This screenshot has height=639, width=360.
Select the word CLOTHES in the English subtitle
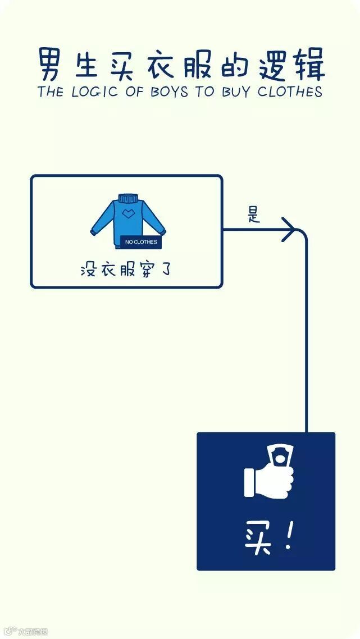(290, 92)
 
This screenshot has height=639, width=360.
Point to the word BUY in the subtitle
(236, 92)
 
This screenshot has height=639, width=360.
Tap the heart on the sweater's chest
(128, 214)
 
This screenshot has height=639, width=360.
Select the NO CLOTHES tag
(141, 242)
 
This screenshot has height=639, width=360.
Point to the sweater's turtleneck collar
(127, 198)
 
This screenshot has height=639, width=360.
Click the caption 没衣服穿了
(126, 270)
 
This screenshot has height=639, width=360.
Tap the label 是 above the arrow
(254, 214)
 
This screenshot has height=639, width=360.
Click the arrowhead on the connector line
(290, 229)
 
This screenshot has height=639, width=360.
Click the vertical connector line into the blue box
(307, 337)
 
